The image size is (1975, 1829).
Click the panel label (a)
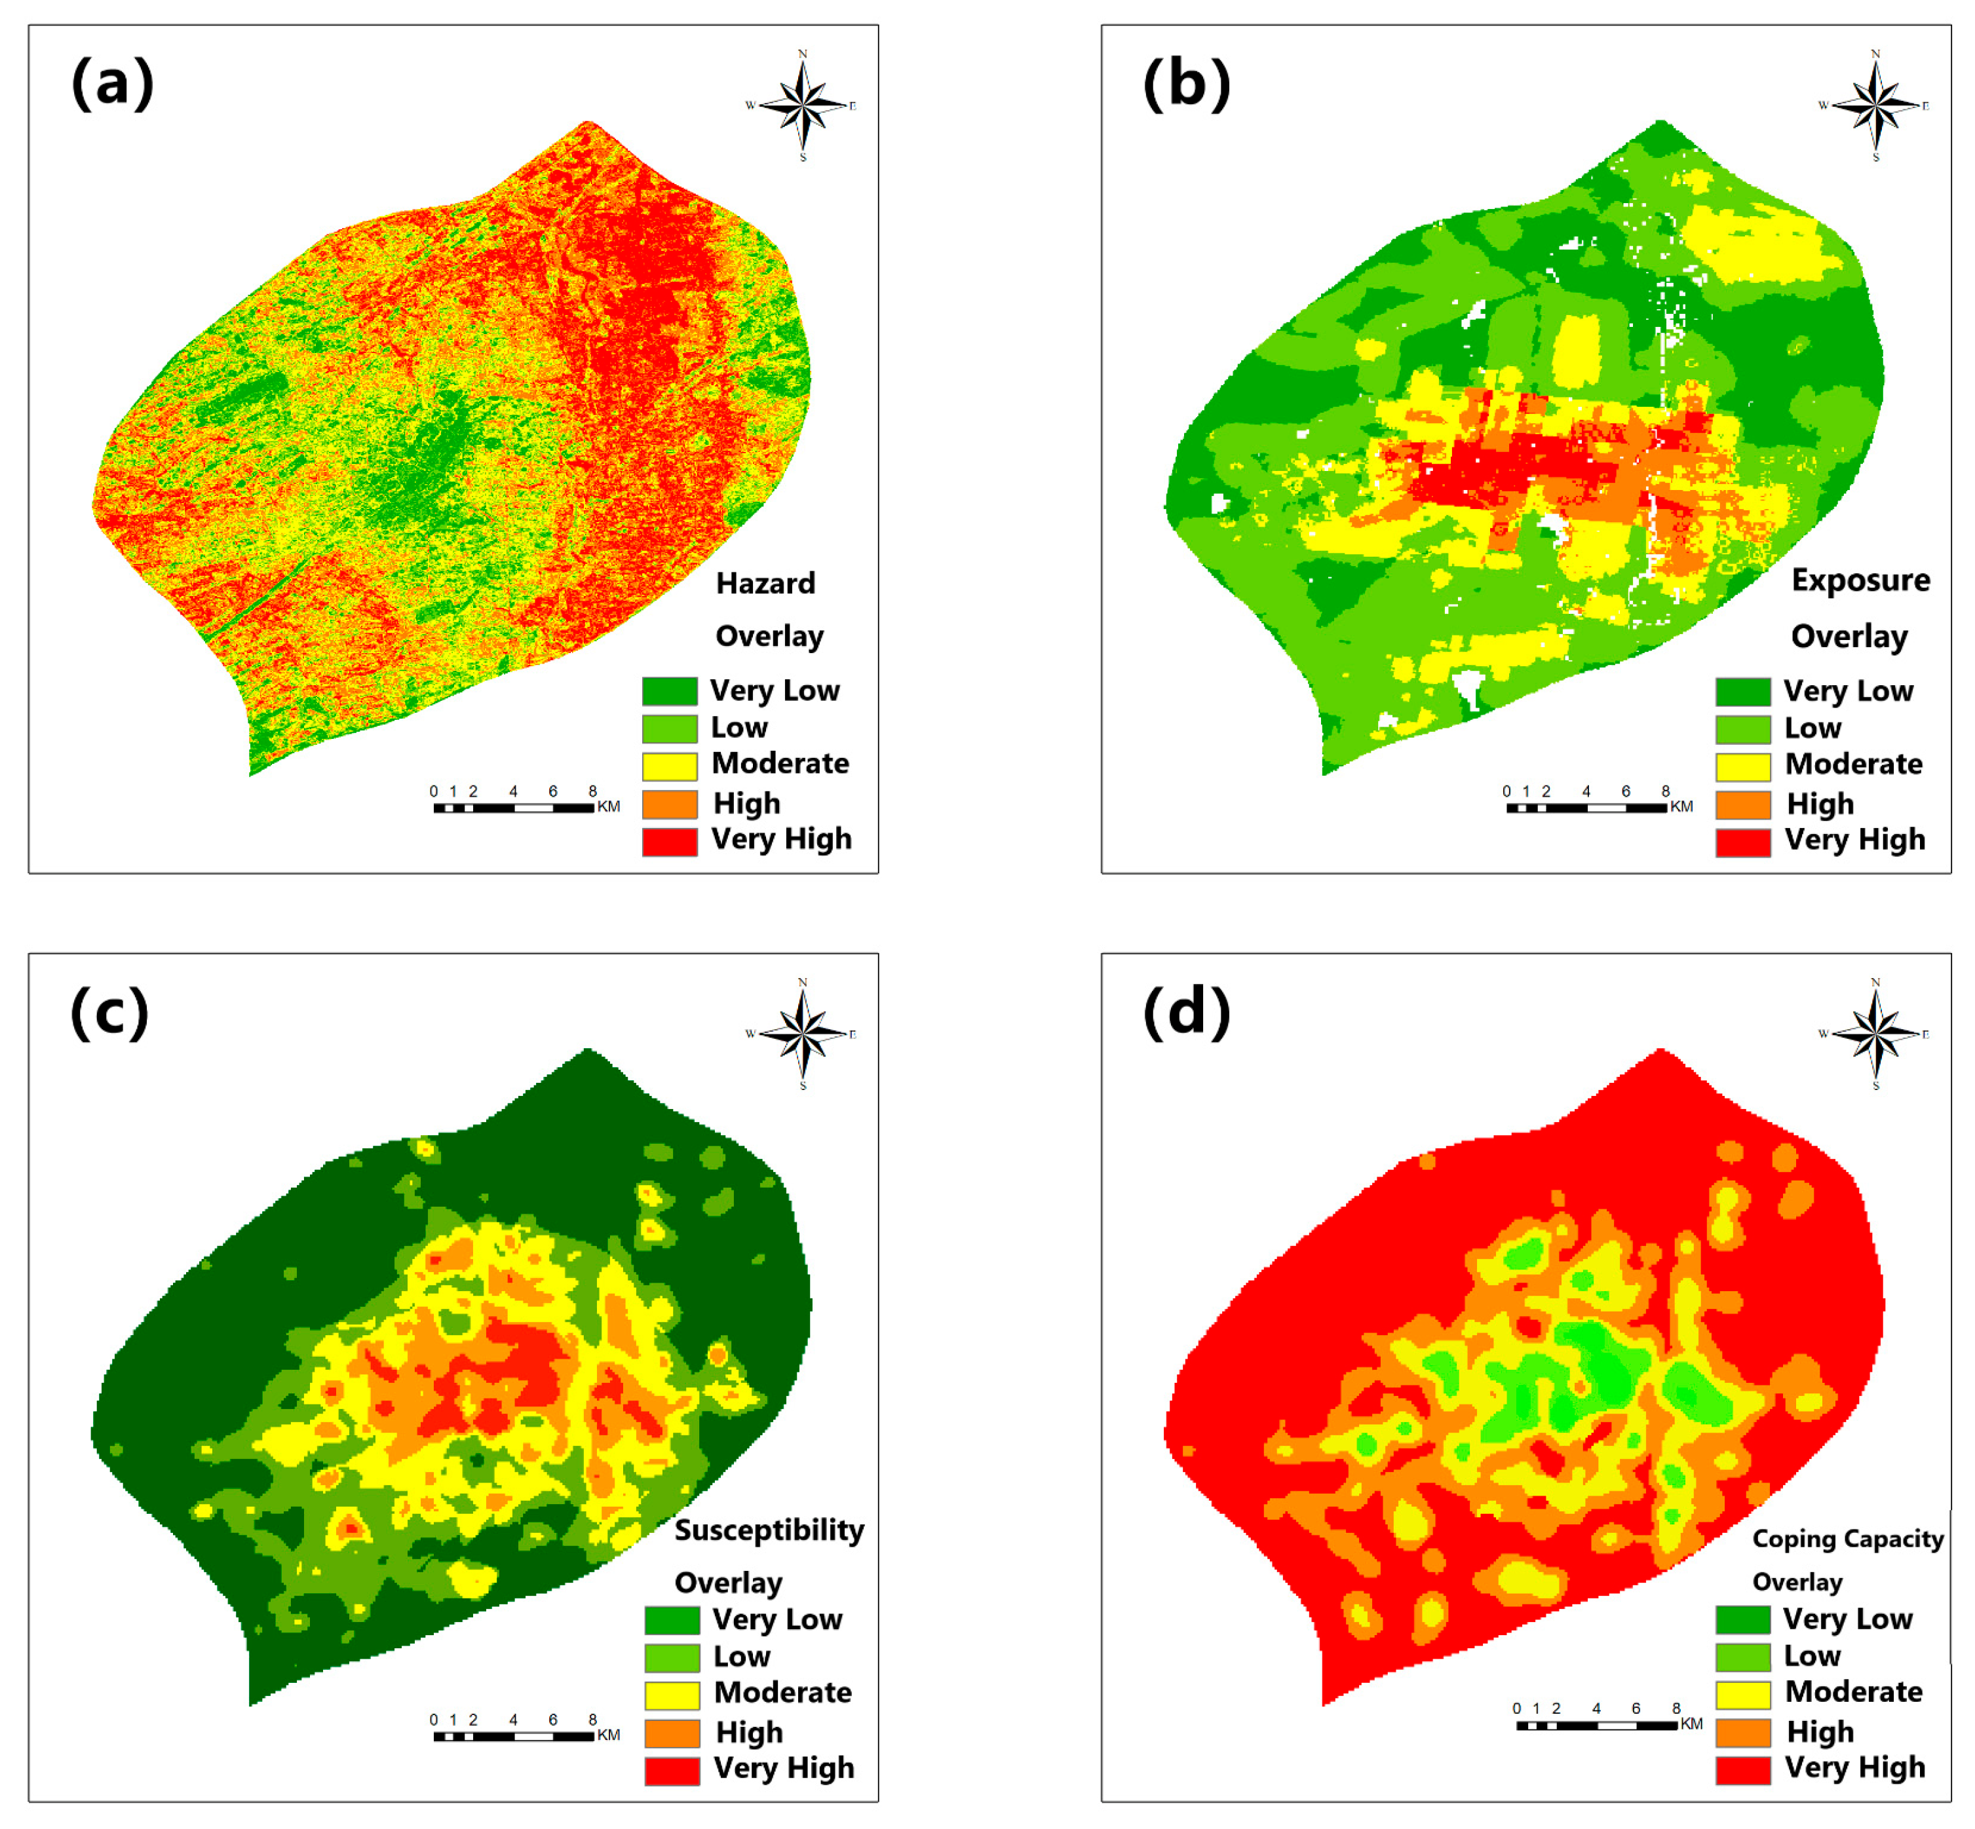point(112,83)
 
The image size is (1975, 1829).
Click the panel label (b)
point(1186,83)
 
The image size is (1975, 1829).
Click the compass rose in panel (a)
point(802,105)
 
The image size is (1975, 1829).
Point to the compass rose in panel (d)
point(1875,1033)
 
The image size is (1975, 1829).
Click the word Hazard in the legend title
point(765,583)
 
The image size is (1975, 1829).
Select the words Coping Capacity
point(1847,1538)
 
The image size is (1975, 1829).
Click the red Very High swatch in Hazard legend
point(669,840)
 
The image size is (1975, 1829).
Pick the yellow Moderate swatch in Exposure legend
point(1742,765)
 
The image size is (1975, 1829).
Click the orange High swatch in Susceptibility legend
point(671,1732)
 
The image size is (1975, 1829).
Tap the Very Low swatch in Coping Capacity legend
point(1742,1619)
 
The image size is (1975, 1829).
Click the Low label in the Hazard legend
point(738,727)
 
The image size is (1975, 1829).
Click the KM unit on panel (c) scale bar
point(608,1735)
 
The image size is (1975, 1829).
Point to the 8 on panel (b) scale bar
point(1665,791)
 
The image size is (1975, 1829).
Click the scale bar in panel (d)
point(1596,1725)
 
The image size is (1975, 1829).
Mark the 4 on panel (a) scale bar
point(513,791)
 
